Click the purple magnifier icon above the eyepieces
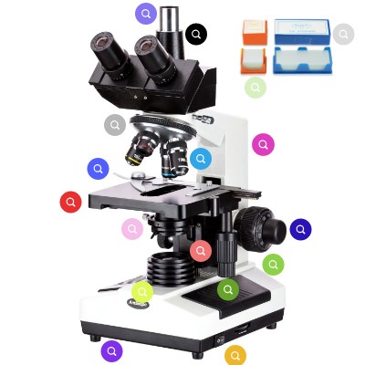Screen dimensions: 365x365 click(x=146, y=14)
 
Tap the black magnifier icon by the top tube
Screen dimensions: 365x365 click(x=196, y=35)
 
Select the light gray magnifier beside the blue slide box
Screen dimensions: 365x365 click(x=343, y=35)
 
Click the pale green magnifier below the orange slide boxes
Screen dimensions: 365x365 click(x=255, y=88)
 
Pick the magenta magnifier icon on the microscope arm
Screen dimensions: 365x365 click(x=263, y=144)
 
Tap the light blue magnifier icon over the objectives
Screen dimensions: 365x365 click(x=201, y=159)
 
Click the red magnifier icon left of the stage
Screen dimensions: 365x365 click(x=71, y=202)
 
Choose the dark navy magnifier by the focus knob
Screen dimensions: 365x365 click(x=300, y=229)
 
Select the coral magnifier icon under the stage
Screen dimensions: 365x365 click(x=201, y=250)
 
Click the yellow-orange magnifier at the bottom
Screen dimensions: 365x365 click(x=236, y=354)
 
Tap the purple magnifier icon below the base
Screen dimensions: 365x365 click(x=111, y=350)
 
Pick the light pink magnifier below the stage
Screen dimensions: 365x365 click(x=132, y=229)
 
